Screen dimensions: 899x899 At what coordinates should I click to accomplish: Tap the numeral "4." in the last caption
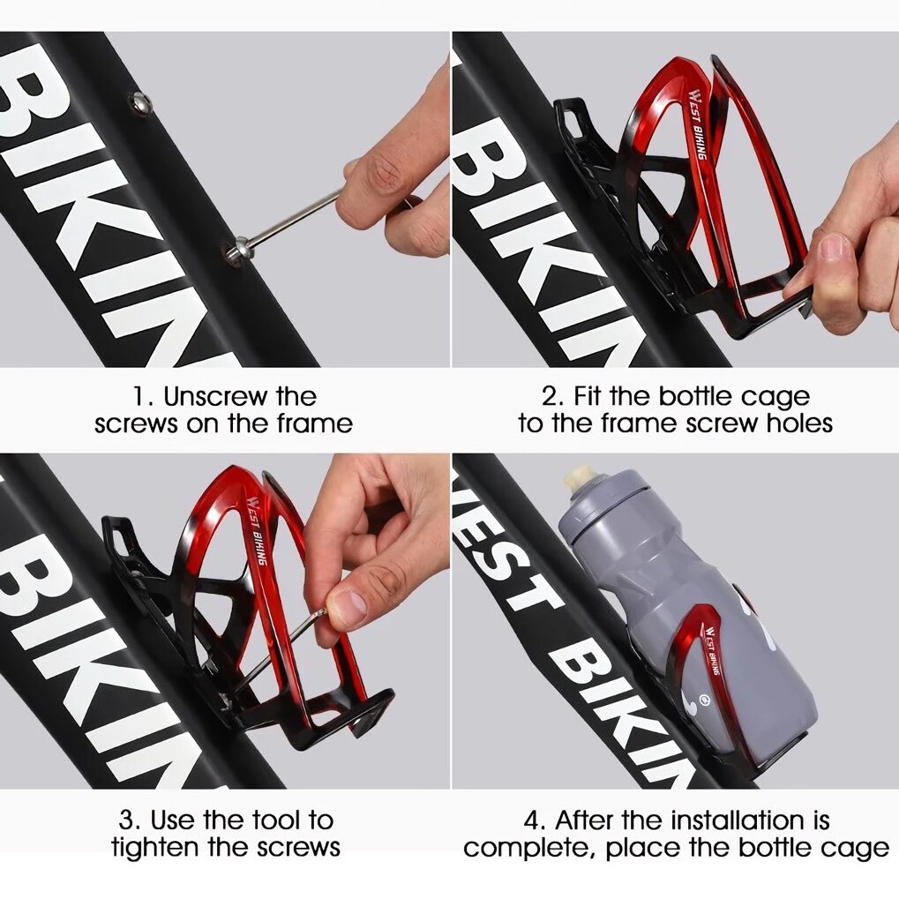[x=536, y=820]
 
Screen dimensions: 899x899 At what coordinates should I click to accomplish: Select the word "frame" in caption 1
[x=314, y=423]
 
